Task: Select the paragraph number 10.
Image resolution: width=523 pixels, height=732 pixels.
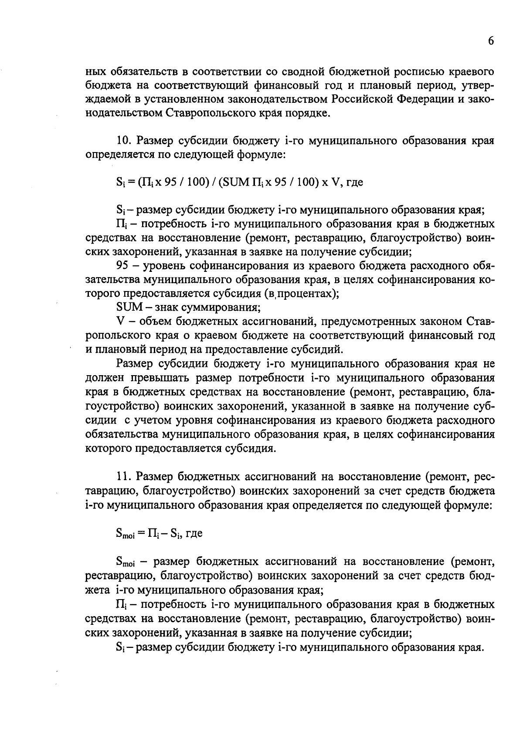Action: (123, 141)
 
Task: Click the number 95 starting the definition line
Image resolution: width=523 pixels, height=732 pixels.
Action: (123, 265)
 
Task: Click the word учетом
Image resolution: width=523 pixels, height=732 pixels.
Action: (147, 420)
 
